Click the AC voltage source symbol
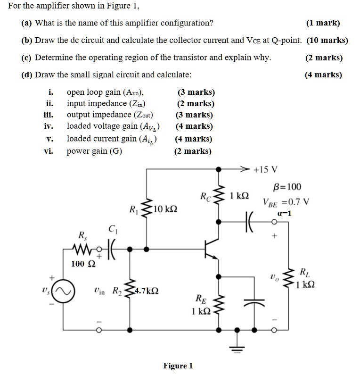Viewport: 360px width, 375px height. (64, 294)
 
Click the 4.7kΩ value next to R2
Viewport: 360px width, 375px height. (146, 291)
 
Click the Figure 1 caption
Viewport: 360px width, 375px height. (178, 366)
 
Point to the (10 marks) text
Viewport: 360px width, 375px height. (327, 40)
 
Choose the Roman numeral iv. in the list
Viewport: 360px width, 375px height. (49, 126)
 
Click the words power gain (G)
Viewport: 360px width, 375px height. (94, 151)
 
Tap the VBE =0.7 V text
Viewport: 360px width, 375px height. (286, 201)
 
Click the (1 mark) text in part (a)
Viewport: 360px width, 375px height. (323, 23)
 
